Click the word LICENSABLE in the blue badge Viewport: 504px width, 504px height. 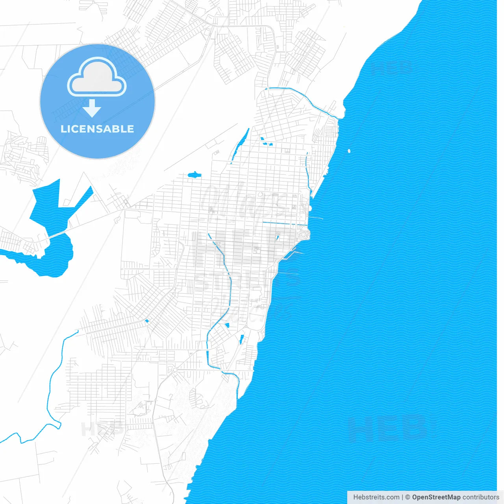[97, 129]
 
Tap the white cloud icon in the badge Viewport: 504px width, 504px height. [97, 78]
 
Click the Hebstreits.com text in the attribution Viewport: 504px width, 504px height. [376, 497]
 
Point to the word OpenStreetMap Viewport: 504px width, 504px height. [436, 497]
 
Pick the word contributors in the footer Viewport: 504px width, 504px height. [481, 497]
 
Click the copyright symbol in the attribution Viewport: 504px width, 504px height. [408, 497]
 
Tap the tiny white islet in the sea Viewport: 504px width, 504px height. [349, 150]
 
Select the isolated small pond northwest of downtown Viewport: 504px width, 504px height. [194, 174]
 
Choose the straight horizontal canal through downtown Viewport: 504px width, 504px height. [283, 224]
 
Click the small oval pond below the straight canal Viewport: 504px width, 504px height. [277, 237]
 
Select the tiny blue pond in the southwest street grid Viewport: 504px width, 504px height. [147, 321]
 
